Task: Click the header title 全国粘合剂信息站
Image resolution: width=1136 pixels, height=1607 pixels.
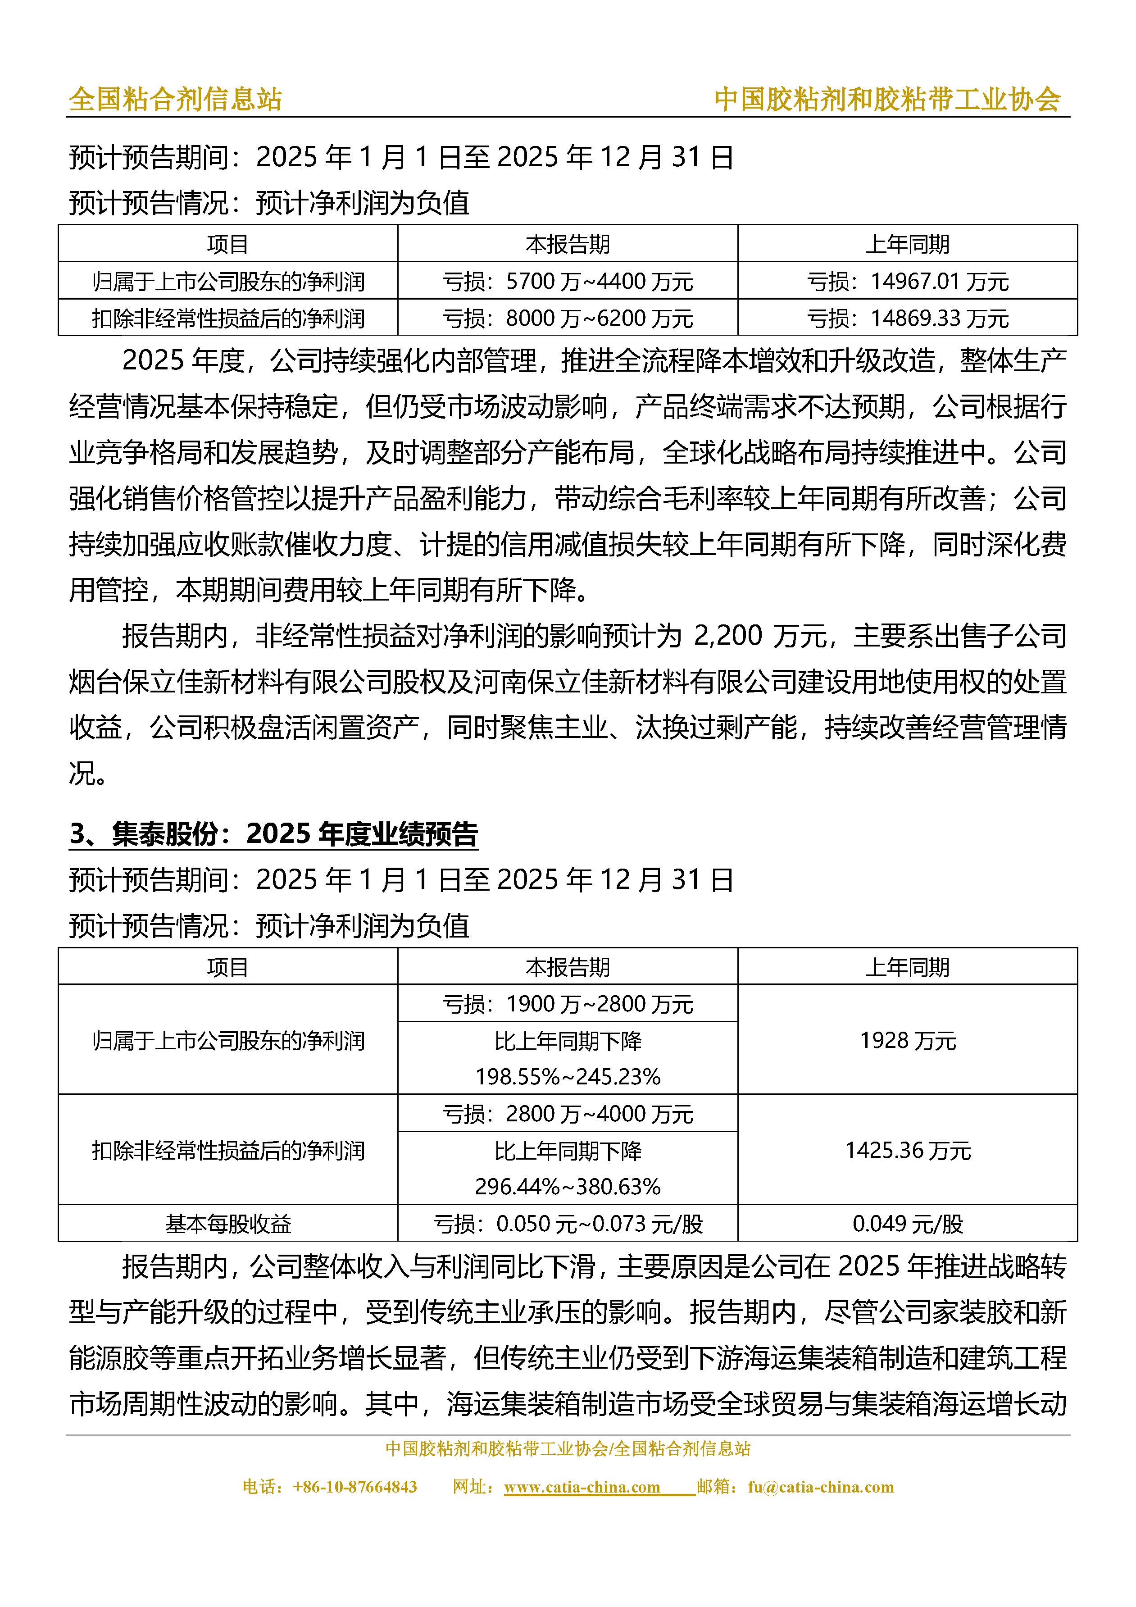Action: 175,100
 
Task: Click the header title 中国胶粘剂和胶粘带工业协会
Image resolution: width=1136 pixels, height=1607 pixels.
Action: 887,100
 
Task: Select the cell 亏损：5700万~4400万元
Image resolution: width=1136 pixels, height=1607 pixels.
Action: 567,282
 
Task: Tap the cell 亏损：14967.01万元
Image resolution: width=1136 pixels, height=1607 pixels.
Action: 907,282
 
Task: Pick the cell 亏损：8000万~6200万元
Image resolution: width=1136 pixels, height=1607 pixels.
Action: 567,319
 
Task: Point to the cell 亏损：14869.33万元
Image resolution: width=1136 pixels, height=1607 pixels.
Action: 907,319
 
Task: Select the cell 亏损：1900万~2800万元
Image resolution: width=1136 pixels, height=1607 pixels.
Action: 567,1004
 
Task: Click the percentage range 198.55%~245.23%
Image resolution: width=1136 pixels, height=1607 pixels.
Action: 567,1076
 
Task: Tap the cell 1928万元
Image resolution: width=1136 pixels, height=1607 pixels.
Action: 907,1040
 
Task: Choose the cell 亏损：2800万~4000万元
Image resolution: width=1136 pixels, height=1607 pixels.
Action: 567,1114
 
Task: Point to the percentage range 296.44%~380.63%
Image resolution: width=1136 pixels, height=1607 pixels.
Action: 567,1186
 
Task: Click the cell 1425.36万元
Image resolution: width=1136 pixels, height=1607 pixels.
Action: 907,1150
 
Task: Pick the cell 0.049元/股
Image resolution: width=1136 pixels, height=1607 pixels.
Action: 907,1224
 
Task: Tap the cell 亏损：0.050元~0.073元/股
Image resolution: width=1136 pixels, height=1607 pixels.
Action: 567,1224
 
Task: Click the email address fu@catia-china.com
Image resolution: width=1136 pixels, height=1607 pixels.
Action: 820,1487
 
